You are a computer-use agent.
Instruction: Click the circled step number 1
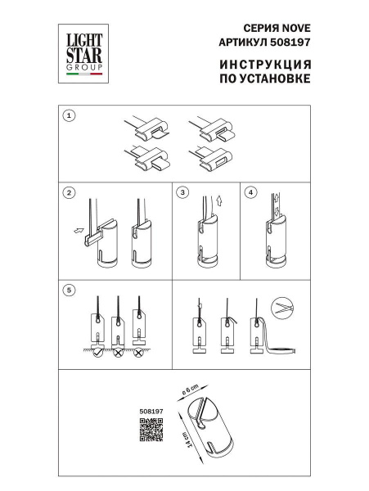pyautogui.click(x=70, y=115)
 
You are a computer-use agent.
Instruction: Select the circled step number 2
pyautogui.click(x=70, y=193)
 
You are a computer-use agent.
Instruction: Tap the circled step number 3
pyautogui.click(x=183, y=193)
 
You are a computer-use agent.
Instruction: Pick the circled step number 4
pyautogui.click(x=251, y=193)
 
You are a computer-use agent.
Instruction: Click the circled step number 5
pyautogui.click(x=70, y=288)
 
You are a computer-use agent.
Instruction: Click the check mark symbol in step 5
pyautogui.click(x=97, y=353)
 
